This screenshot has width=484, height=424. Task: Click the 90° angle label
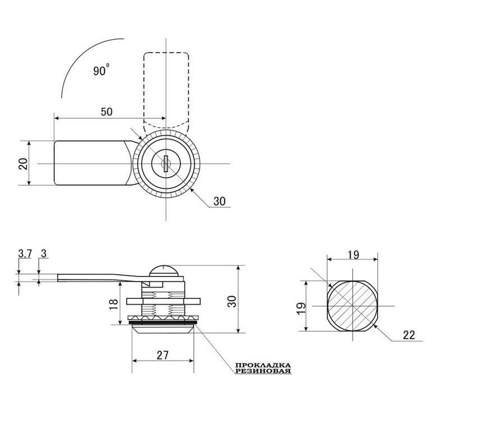(102, 70)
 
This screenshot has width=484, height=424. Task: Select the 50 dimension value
(107, 112)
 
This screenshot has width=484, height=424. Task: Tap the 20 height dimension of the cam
(24, 164)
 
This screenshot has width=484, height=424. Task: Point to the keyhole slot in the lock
(166, 164)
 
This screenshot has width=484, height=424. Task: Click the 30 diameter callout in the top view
(219, 201)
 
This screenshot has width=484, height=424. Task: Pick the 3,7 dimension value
(25, 254)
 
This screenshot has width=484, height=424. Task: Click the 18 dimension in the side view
(114, 305)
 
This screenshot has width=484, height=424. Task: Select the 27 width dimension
(163, 355)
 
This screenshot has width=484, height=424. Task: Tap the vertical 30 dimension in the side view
(232, 302)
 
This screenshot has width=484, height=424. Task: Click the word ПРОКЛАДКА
(263, 366)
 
